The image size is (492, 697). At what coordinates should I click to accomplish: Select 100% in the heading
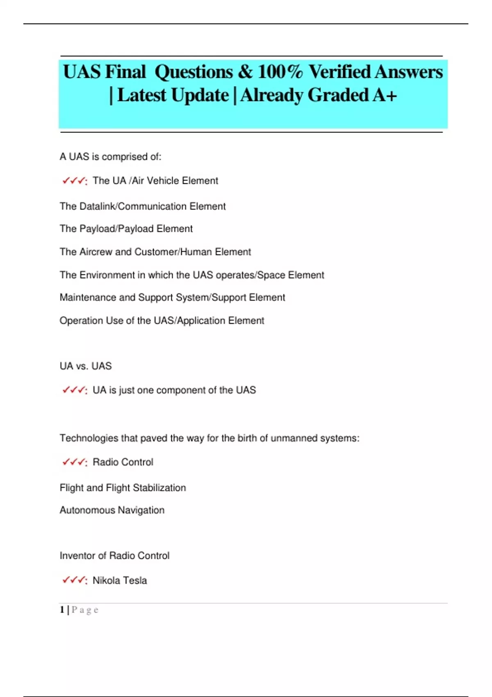pos(280,72)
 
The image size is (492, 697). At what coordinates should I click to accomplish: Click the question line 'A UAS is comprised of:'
pos(111,157)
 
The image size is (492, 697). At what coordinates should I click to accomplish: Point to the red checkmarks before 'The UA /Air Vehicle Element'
pos(74,181)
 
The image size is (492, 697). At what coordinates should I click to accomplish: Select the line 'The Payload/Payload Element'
pos(126,229)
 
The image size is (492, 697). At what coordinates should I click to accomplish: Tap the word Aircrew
pos(96,252)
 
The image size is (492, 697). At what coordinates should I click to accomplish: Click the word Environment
pos(107,275)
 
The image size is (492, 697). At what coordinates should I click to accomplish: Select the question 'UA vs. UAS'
pos(85,366)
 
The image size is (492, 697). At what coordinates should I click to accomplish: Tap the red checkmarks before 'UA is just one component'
pos(74,390)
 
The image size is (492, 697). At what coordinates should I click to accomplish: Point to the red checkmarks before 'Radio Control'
pos(74,462)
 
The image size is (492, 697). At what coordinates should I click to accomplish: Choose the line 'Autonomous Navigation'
pos(112,510)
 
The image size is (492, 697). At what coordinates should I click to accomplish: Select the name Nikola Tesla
pos(119,580)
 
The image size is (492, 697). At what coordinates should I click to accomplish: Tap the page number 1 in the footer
pos(62,610)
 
